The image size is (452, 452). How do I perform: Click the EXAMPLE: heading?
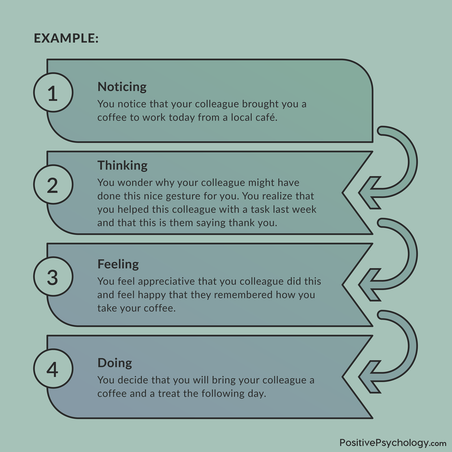[x=66, y=38]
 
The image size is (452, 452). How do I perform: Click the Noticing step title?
[x=122, y=87]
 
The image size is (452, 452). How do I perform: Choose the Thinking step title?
[x=123, y=165]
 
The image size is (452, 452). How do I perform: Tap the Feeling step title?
[x=118, y=264]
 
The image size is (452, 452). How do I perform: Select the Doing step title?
[x=115, y=363]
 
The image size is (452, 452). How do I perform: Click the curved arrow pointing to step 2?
[x=412, y=162]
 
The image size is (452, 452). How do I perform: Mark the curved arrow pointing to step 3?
[x=412, y=254]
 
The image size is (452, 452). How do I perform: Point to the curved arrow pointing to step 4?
[x=412, y=346]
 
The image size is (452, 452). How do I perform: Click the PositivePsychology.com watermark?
[x=393, y=443]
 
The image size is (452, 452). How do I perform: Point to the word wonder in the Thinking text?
[x=135, y=182]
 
